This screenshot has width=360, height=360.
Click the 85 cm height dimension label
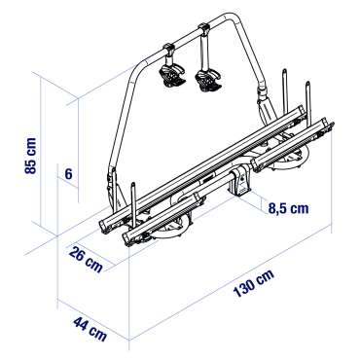(31, 156)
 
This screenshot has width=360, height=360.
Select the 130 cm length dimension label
(254, 283)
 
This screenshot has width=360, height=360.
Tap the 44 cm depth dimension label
(90, 328)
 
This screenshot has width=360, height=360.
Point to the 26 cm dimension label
(86, 259)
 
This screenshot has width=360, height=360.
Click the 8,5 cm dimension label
(288, 208)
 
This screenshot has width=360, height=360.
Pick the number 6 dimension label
(68, 174)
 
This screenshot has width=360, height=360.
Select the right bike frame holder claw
(208, 80)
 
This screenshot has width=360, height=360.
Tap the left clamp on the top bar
(169, 50)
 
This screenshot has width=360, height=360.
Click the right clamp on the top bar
(204, 30)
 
